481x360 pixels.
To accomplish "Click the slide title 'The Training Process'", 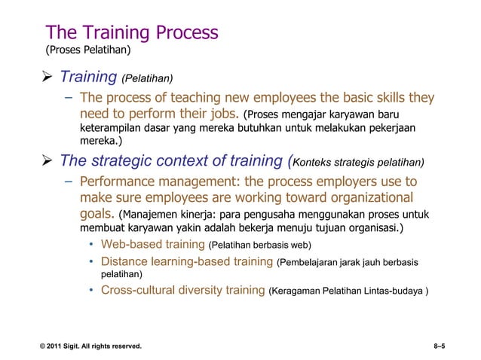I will [132, 32].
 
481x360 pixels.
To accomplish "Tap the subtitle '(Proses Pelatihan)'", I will [88, 51].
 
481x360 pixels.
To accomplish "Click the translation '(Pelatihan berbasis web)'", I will [259, 246].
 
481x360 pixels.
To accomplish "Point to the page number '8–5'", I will [435, 346].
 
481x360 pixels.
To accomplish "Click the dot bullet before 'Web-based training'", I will [90, 246].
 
